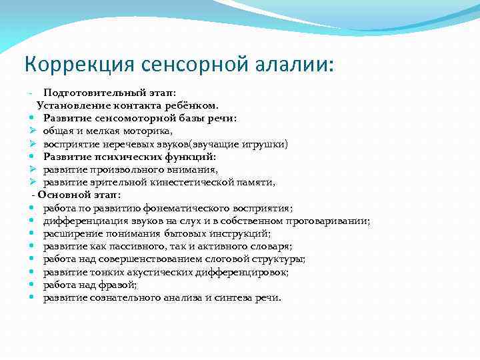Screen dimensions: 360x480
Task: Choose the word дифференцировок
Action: coord(247,271)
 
